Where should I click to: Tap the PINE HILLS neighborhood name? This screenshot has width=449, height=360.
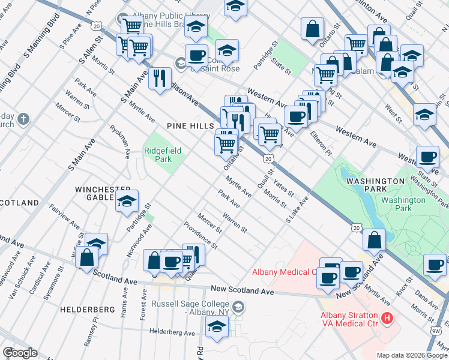click(x=191, y=127)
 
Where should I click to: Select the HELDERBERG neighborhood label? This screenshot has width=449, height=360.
click(x=88, y=309)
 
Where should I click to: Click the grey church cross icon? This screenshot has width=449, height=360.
click(x=23, y=118)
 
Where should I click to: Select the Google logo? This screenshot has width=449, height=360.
click(x=19, y=353)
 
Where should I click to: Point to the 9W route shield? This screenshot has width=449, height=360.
click(x=436, y=329)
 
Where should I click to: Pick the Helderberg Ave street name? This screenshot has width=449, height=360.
click(x=172, y=332)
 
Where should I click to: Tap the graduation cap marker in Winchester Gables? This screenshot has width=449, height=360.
click(x=127, y=202)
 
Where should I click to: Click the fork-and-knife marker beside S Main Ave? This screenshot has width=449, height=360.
click(x=160, y=79)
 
